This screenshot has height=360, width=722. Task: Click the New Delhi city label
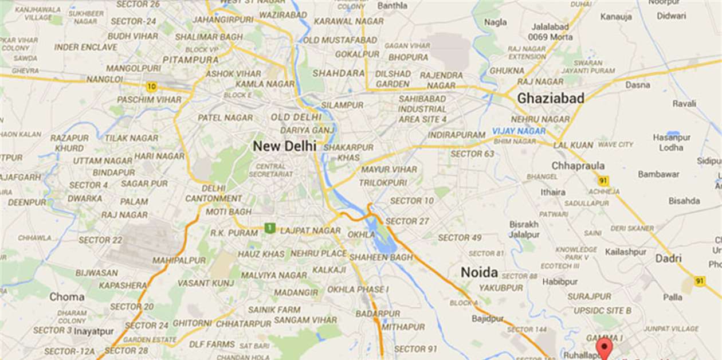click(x=284, y=146)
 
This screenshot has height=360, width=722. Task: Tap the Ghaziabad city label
click(x=551, y=99)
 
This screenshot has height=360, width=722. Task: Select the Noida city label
click(x=479, y=272)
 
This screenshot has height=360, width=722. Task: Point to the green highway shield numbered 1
click(x=269, y=228)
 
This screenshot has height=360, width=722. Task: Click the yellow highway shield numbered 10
click(x=151, y=87)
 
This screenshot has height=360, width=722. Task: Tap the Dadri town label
click(x=669, y=258)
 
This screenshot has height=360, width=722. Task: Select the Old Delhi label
click(x=296, y=118)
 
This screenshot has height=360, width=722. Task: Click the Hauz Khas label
click(x=261, y=254)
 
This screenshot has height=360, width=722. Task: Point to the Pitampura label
click(x=190, y=60)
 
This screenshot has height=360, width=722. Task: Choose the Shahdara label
click(x=339, y=73)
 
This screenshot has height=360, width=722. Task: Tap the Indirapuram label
click(x=457, y=135)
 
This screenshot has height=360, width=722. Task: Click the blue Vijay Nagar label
click(x=519, y=131)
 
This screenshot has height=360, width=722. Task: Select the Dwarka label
click(x=85, y=198)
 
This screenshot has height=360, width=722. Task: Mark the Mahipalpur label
click(x=179, y=260)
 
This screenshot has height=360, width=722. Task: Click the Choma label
click(x=66, y=297)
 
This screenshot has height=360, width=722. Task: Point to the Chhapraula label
click(x=578, y=166)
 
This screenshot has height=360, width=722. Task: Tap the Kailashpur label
click(x=626, y=252)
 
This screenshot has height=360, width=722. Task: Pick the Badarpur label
click(x=378, y=314)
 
